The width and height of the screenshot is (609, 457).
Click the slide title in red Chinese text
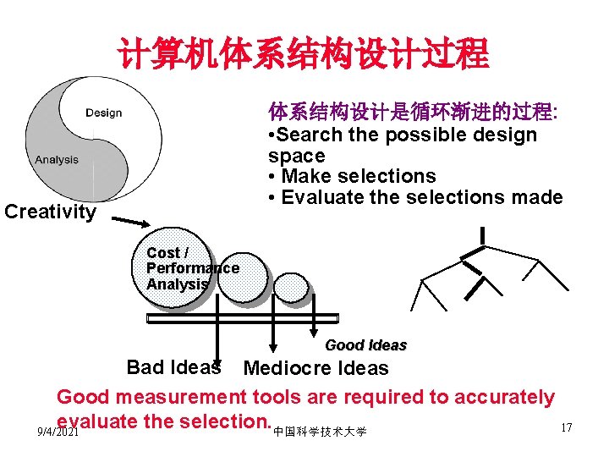tap(304, 52)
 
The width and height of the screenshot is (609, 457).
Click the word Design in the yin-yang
tap(103, 113)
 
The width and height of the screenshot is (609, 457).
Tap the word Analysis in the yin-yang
tap(57, 159)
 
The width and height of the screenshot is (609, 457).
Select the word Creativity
tap(50, 211)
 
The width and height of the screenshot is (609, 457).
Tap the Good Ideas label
tap(365, 345)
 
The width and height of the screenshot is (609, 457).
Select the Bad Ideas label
tap(173, 367)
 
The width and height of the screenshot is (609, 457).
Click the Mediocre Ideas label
tap(315, 368)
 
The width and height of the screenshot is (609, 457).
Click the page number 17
tap(566, 427)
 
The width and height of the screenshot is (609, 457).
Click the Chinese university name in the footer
tap(320, 432)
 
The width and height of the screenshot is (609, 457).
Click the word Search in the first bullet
tap(312, 135)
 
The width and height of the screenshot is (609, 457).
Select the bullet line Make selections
tap(352, 176)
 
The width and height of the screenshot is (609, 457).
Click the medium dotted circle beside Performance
tap(243, 278)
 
